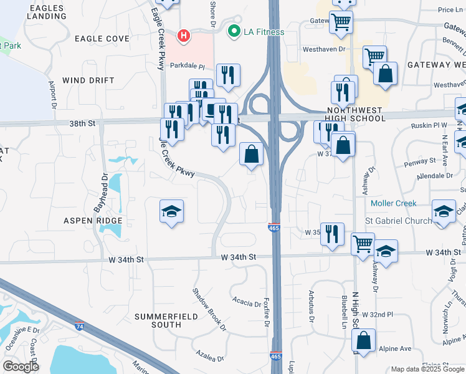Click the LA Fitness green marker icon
coord(234,31)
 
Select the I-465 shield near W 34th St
coord(274,228)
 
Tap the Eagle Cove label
coord(102,39)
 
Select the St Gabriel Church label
coord(398,221)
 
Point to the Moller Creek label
coord(393,204)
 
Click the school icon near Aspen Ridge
coord(172,211)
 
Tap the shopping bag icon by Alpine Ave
coord(363,340)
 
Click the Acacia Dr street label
coord(247,304)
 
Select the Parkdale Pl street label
coord(188,66)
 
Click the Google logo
coord(21,367)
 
